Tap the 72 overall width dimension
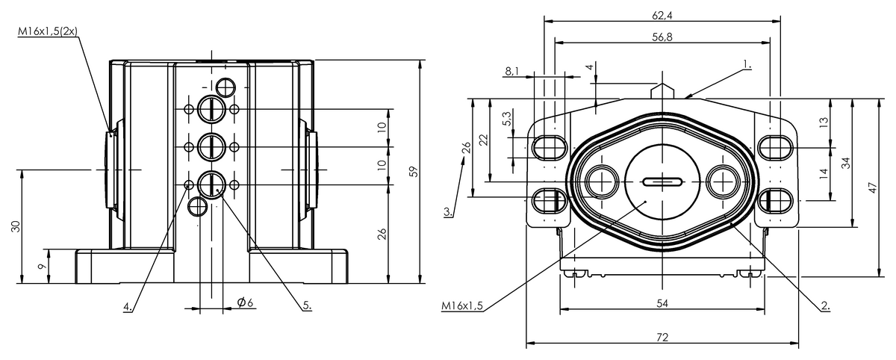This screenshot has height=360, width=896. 662,338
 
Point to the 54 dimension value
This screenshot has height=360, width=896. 662,302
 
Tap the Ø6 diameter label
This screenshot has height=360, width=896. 246,302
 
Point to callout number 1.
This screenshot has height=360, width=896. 747,66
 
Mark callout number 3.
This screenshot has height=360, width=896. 447,211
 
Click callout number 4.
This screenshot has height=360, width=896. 128,305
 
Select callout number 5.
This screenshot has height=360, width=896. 306,305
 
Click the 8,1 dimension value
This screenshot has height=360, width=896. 513,72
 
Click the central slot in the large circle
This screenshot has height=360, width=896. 662,181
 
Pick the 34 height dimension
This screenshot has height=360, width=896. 846,162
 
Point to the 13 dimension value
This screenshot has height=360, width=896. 823,122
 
